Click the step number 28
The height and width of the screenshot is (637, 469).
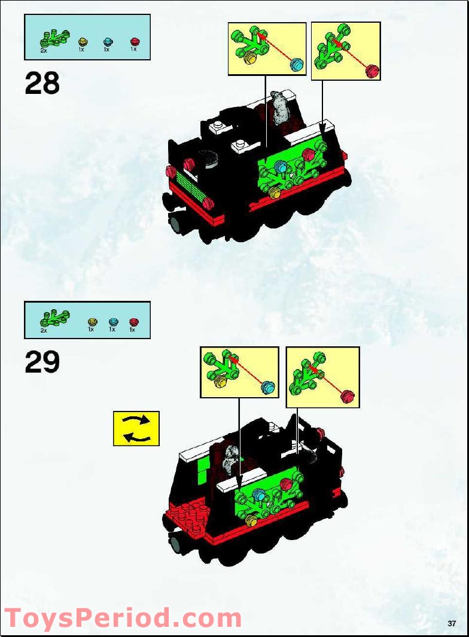(42, 83)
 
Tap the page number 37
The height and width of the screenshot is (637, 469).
(452, 624)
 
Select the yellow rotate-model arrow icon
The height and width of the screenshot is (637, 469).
(136, 428)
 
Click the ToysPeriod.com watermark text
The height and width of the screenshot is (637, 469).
(123, 618)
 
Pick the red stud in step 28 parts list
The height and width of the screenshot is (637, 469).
(135, 41)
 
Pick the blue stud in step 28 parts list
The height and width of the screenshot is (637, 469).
(108, 41)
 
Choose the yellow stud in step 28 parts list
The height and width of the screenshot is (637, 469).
(83, 41)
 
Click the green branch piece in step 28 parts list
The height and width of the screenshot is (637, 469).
(54, 37)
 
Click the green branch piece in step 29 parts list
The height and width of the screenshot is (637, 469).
(54, 317)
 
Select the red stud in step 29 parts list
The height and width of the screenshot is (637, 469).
(133, 322)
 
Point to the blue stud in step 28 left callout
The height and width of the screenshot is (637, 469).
(296, 65)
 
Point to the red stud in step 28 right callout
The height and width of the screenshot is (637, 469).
(373, 71)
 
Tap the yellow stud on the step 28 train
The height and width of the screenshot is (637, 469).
(275, 193)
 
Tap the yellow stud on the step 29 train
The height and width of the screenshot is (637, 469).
(251, 522)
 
